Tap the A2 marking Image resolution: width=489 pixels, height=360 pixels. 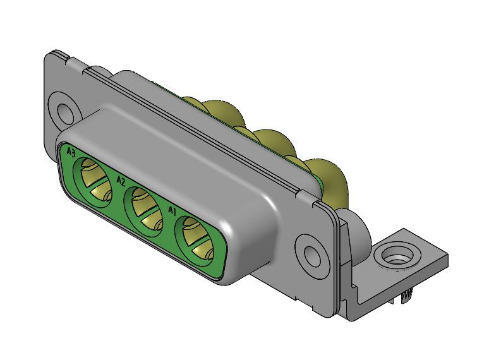pos(121,181)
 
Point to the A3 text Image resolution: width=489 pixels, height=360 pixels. pos(71,152)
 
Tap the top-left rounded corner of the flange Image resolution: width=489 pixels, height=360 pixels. pos(52,57)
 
